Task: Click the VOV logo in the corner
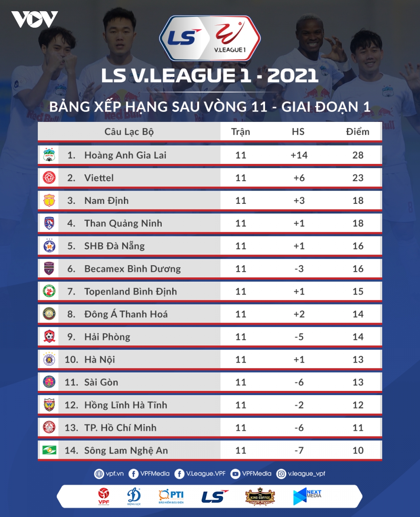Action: click(x=34, y=19)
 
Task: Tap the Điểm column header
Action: click(x=357, y=132)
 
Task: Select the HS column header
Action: click(x=298, y=132)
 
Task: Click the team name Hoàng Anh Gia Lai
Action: click(x=125, y=155)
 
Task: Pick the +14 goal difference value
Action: click(x=299, y=155)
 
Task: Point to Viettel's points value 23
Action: click(x=358, y=178)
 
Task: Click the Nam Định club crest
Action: click(x=49, y=200)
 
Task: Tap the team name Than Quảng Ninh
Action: click(x=123, y=223)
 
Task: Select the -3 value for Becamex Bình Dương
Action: click(x=299, y=269)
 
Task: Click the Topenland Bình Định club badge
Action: click(x=49, y=291)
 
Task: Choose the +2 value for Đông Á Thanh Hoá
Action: click(x=299, y=314)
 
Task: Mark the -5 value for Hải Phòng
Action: click(x=299, y=337)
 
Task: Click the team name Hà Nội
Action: click(x=99, y=359)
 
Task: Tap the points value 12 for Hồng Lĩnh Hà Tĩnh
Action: click(x=358, y=405)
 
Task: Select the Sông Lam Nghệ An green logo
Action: click(x=49, y=450)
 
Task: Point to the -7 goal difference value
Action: click(x=299, y=450)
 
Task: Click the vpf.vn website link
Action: click(x=109, y=474)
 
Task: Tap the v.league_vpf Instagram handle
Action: click(x=301, y=474)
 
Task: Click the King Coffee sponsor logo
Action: click(x=260, y=497)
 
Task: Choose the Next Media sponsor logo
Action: click(x=307, y=496)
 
